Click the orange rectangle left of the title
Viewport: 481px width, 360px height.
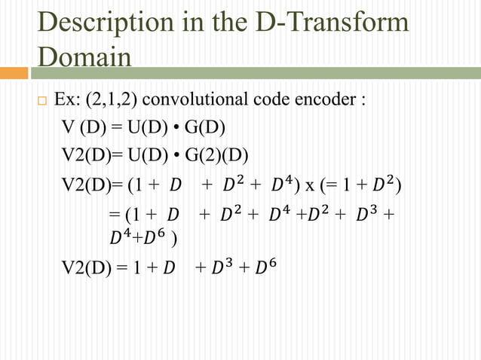[14, 73]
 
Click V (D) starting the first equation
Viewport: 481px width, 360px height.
[81, 126]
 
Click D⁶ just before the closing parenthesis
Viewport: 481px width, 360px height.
[159, 239]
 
